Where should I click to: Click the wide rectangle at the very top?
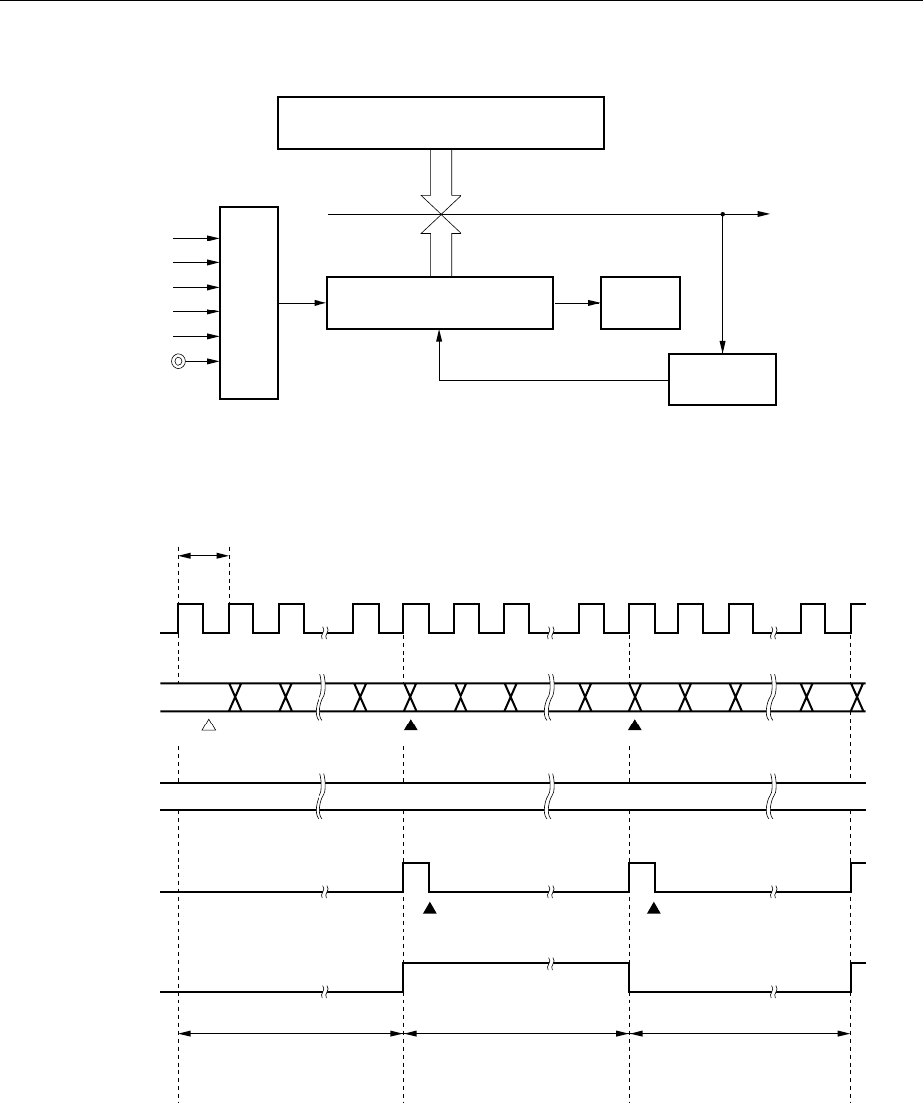tap(441, 122)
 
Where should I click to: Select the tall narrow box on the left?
tap(249, 303)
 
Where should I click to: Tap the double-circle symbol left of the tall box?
tap(178, 362)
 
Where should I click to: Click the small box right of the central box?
tap(641, 303)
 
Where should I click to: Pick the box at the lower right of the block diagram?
tap(723, 379)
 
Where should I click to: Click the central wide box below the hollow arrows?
tap(439, 303)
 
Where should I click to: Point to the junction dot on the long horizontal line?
tap(723, 213)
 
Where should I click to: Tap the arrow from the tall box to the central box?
tap(303, 303)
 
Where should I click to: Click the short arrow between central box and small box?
tap(577, 303)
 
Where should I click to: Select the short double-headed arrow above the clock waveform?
tap(204, 557)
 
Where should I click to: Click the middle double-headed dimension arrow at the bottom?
tap(517, 1033)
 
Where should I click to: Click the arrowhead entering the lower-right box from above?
tap(723, 346)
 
